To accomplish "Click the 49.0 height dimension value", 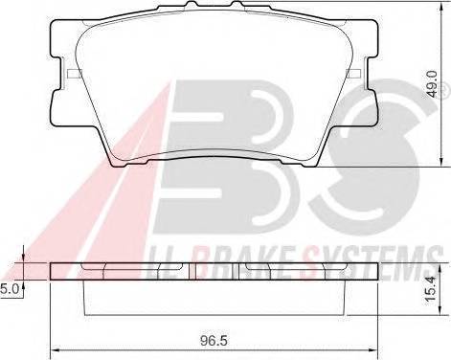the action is click(x=432, y=84).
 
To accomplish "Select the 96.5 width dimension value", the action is click(x=214, y=341).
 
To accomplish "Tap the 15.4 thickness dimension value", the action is click(x=431, y=289).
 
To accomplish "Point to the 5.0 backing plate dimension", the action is click(x=9, y=289).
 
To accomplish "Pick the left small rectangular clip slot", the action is click(x=75, y=74).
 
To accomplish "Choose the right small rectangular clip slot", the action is click(x=354, y=74).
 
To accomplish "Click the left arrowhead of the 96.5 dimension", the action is click(x=54, y=349).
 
